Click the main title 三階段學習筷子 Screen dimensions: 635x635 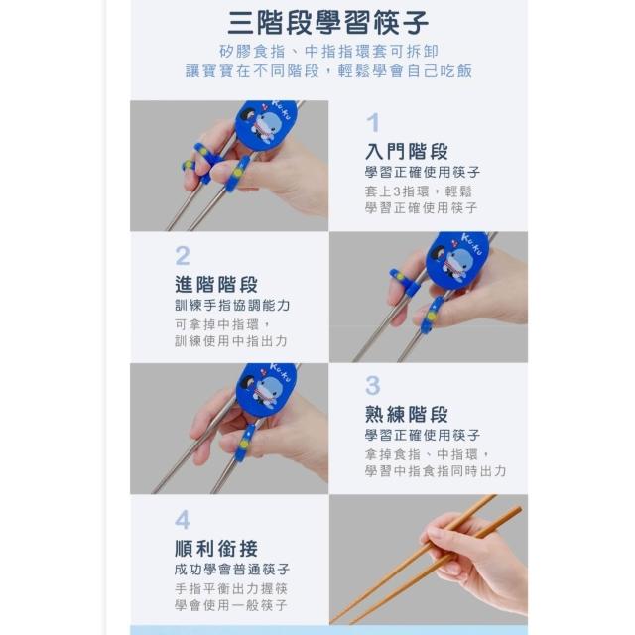[x=328, y=22]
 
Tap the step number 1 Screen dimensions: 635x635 [x=373, y=122]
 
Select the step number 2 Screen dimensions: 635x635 [x=183, y=256]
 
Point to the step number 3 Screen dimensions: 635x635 [x=373, y=385]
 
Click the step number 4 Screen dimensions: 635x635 [x=183, y=520]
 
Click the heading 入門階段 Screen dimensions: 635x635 [x=407, y=152]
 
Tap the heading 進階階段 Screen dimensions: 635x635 [x=216, y=285]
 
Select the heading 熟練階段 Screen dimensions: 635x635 [x=407, y=415]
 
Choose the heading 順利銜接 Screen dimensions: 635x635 [x=216, y=549]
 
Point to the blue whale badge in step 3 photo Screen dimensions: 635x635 [x=266, y=390]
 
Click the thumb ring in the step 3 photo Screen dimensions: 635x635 [x=245, y=443]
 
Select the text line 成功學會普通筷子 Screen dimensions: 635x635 [x=232, y=569]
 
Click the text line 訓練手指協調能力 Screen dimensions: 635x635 [x=232, y=305]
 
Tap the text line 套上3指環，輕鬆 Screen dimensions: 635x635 [x=418, y=191]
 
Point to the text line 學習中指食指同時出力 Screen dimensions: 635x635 [x=436, y=471]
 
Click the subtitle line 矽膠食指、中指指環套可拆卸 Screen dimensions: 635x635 [x=328, y=51]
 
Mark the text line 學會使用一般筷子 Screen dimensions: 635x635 [x=231, y=605]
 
